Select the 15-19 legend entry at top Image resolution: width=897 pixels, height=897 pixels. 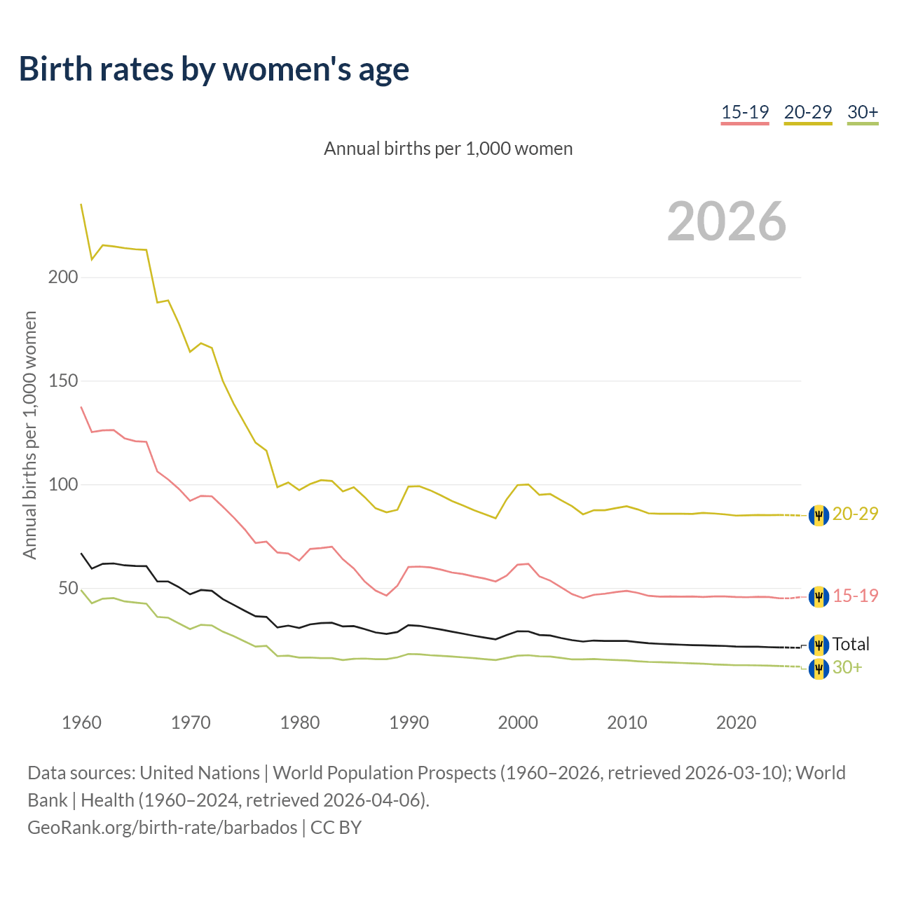click(745, 112)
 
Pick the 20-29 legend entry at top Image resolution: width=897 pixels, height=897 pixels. click(807, 112)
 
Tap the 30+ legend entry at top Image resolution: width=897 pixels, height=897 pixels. click(863, 112)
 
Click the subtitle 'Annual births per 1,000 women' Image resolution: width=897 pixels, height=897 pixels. click(448, 149)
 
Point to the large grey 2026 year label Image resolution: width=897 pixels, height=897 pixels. click(727, 221)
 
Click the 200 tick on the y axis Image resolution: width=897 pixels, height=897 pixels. click(63, 278)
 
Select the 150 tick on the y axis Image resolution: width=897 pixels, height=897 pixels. click(63, 381)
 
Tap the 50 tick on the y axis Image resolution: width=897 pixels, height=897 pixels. click(68, 589)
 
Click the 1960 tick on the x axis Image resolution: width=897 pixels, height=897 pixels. click(81, 723)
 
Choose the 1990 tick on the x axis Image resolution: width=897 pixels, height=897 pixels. click(409, 723)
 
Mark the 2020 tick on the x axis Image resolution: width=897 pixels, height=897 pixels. click(736, 723)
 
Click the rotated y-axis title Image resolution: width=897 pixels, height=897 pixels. click(30, 434)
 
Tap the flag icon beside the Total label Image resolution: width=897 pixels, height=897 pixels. click(819, 645)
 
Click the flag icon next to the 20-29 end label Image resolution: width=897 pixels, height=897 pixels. click(819, 515)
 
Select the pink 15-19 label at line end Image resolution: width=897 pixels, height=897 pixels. click(855, 596)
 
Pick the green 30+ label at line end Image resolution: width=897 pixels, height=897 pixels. click(847, 668)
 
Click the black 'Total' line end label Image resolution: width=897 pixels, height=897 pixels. click(851, 644)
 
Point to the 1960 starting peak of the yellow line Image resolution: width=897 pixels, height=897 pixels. click(81, 205)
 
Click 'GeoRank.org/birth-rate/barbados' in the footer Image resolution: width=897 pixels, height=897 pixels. click(163, 828)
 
